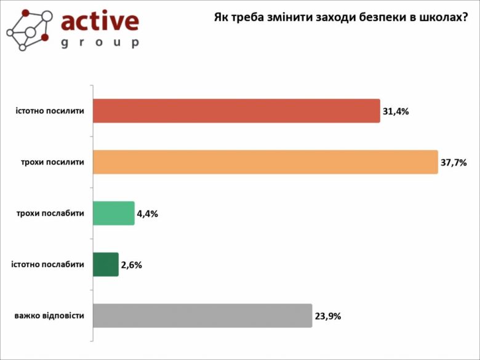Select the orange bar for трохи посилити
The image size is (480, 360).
click(x=265, y=162)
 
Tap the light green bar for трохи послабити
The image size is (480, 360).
click(x=113, y=214)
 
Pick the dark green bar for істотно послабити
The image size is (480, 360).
click(x=105, y=265)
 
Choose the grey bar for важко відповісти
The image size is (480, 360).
click(x=202, y=316)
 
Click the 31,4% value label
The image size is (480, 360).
click(x=396, y=112)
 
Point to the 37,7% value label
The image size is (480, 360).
click(x=454, y=163)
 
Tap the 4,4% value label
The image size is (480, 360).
click(x=148, y=214)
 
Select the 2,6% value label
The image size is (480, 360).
click(x=132, y=265)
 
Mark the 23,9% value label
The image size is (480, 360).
click(x=327, y=316)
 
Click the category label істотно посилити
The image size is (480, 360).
click(x=50, y=111)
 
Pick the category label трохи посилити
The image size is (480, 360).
click(x=53, y=162)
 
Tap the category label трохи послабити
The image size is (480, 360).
click(x=50, y=214)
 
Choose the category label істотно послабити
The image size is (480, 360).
click(x=48, y=265)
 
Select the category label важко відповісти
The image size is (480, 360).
click(x=49, y=316)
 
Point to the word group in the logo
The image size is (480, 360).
click(x=100, y=43)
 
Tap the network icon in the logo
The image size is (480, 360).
click(x=29, y=30)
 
